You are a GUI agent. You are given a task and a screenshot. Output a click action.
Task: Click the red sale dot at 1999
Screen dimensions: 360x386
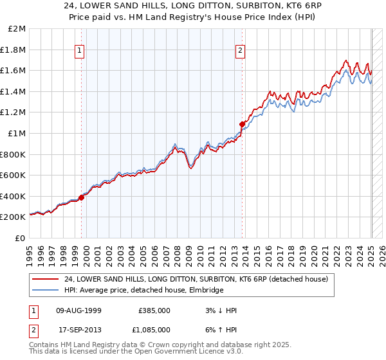82,198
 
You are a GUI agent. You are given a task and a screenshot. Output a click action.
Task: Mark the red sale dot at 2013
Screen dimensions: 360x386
242,124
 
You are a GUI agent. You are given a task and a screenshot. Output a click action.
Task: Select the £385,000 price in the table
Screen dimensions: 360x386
154,310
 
